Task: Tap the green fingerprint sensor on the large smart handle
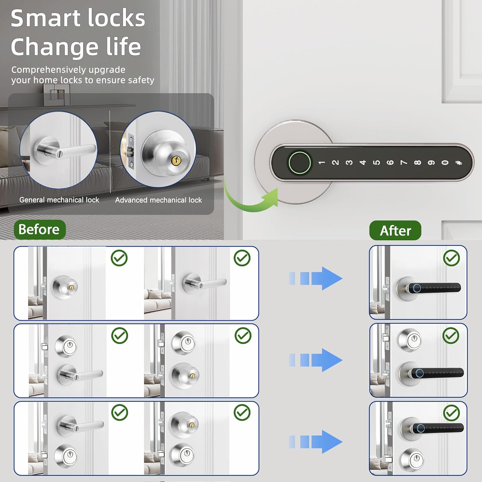[x=299, y=162]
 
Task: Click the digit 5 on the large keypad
[x=377, y=162]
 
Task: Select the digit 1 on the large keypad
[x=321, y=163]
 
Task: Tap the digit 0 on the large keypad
[x=445, y=162]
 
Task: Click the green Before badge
[x=40, y=230]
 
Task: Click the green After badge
[x=395, y=230]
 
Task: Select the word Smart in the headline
[x=41, y=18]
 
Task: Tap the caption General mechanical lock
[x=59, y=200]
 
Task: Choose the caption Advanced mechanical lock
[x=158, y=200]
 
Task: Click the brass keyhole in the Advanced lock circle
[x=175, y=160]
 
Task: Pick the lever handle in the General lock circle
[x=74, y=150]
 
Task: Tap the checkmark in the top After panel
[x=451, y=258]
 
